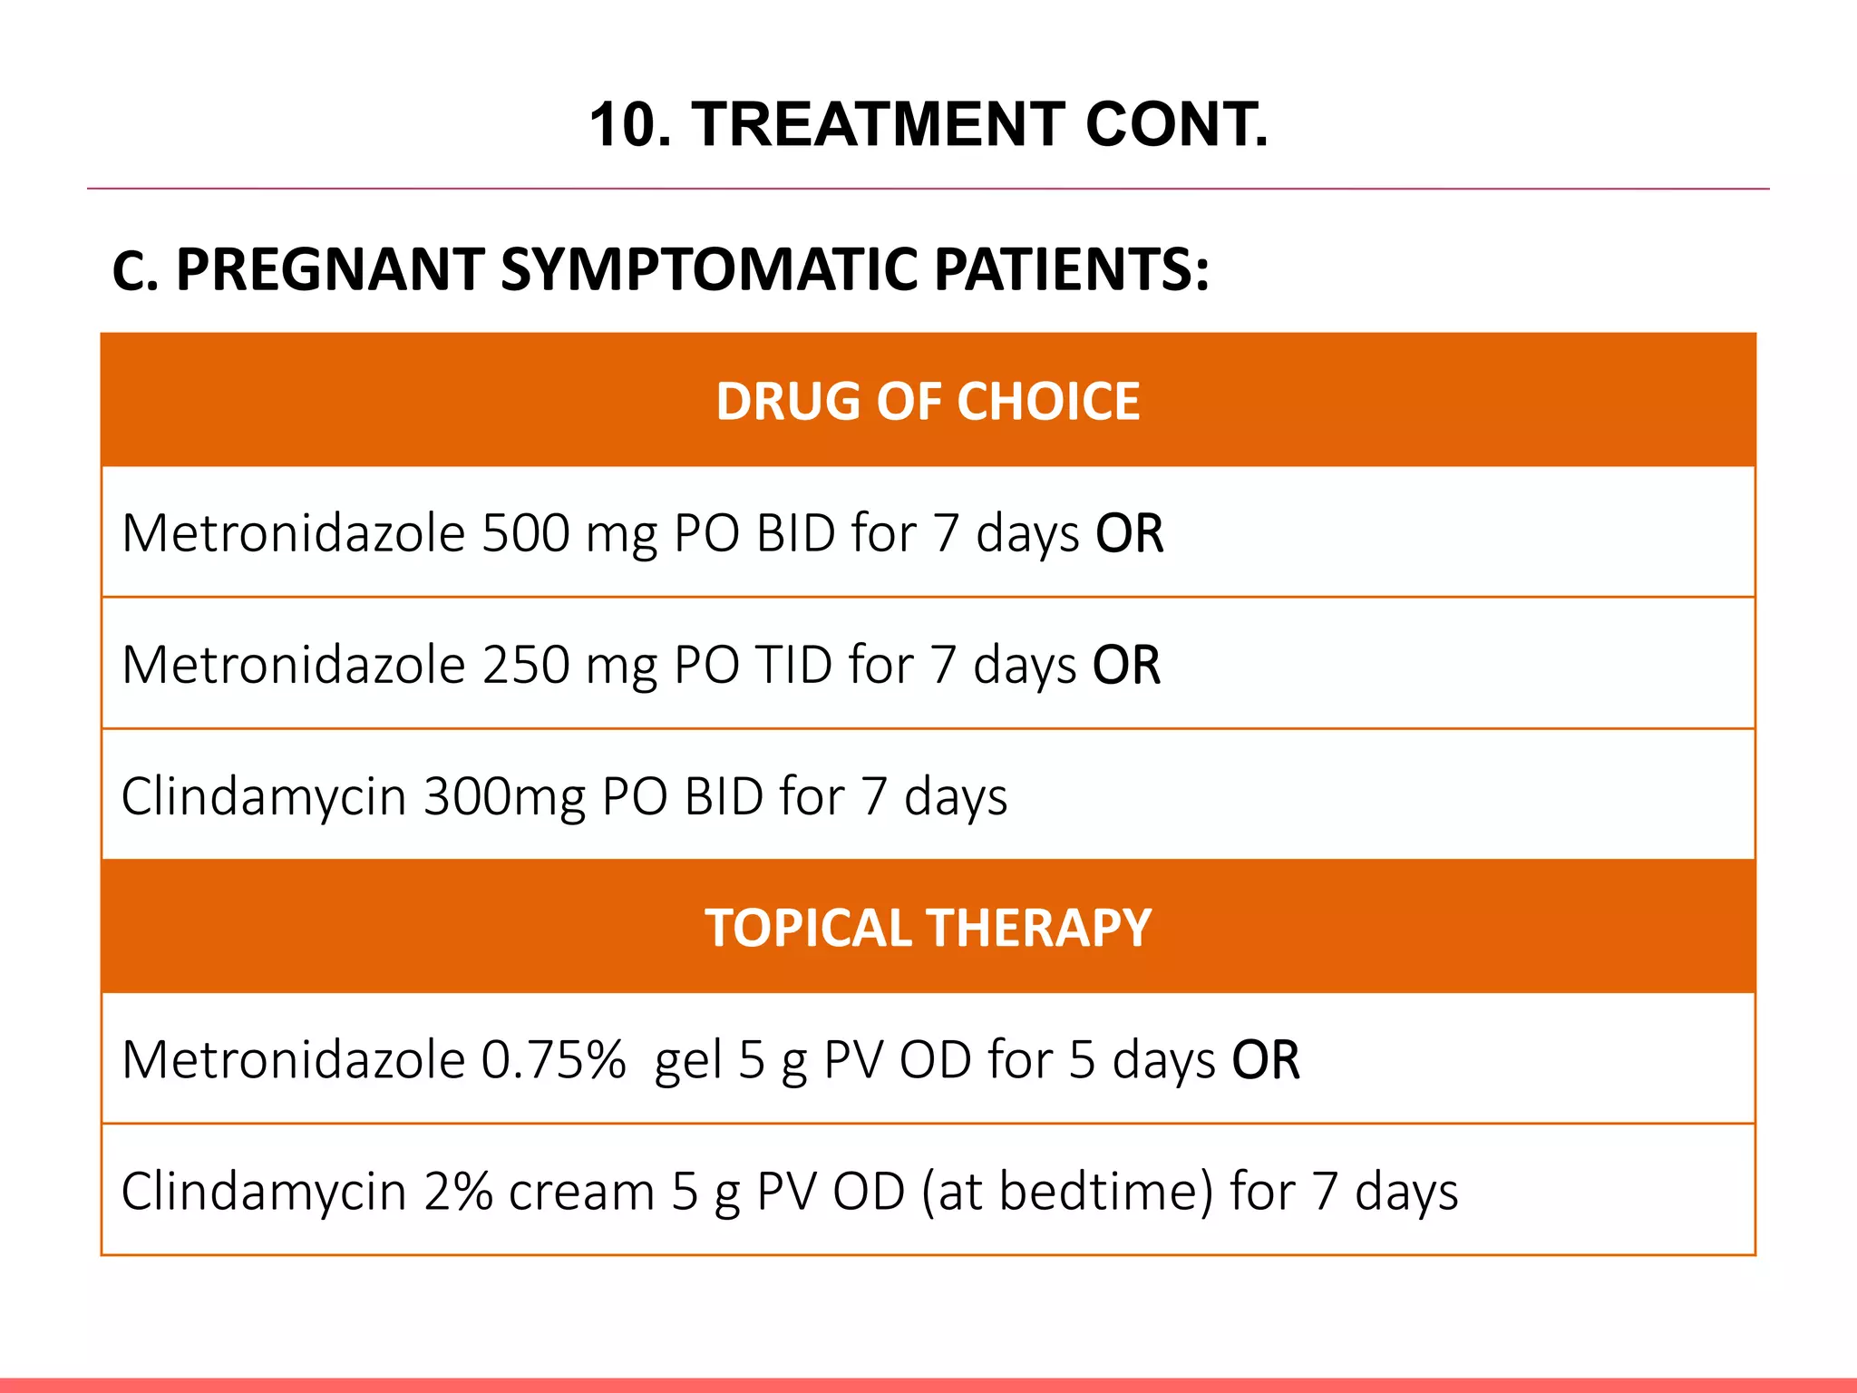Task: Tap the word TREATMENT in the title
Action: pos(879,124)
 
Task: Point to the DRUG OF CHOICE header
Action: pos(928,401)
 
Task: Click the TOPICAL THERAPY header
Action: pos(928,928)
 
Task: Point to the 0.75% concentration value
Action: pos(553,1059)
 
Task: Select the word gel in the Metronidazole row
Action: pos(688,1061)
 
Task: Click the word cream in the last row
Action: pos(581,1192)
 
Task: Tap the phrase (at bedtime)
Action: pos(1067,1192)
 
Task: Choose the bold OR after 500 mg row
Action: pos(1129,532)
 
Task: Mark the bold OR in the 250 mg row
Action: pos(1126,665)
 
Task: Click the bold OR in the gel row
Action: pos(1266,1059)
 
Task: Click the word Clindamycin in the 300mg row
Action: pos(263,796)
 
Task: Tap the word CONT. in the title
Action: pos(1176,124)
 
